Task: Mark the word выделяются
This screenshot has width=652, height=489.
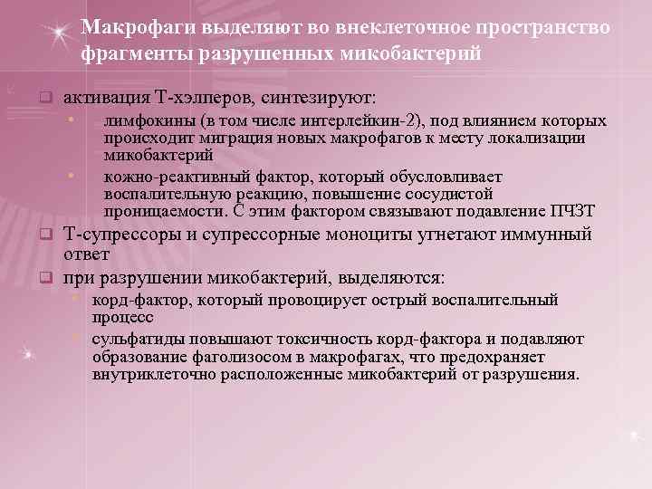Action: (393, 276)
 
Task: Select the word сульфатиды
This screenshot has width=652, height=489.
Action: (132, 339)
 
